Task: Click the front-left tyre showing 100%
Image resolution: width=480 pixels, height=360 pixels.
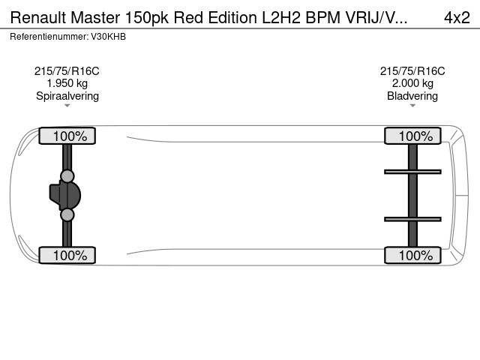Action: pyautogui.click(x=67, y=136)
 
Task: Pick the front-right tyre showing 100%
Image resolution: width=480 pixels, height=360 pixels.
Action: pyautogui.click(x=67, y=255)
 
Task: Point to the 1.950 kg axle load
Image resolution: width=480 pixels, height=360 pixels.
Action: pyautogui.click(x=67, y=83)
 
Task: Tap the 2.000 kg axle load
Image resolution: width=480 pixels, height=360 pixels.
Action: pyautogui.click(x=412, y=83)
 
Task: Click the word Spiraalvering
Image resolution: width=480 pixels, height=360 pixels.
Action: pyautogui.click(x=67, y=96)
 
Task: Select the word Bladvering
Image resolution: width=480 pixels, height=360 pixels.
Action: pyautogui.click(x=412, y=96)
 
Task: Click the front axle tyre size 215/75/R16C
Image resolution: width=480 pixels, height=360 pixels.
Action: pyautogui.click(x=67, y=71)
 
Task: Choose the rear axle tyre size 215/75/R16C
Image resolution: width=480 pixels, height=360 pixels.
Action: pyautogui.click(x=412, y=71)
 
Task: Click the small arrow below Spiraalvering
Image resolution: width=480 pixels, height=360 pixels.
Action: pyautogui.click(x=67, y=106)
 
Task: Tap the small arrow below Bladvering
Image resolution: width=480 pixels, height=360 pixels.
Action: pyautogui.click(x=412, y=106)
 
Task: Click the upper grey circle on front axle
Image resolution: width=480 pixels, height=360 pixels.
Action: pyautogui.click(x=67, y=176)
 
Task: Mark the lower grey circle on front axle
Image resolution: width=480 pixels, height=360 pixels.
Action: pyautogui.click(x=67, y=215)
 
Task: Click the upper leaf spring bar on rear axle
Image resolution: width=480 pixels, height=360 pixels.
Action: pyautogui.click(x=412, y=172)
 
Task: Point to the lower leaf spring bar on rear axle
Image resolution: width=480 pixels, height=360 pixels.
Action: pyautogui.click(x=412, y=219)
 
